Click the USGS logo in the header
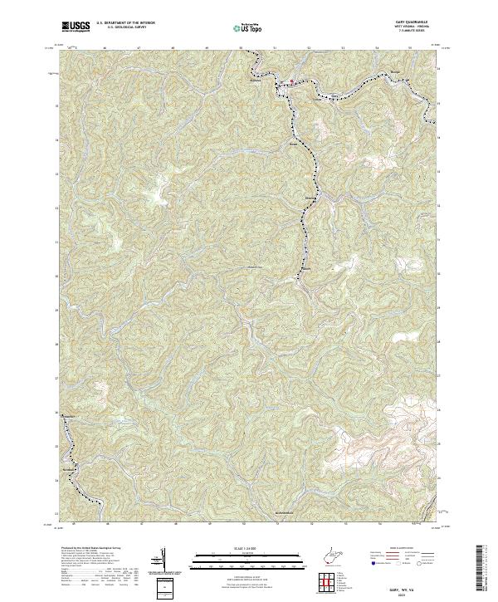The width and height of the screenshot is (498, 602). [x=75, y=27]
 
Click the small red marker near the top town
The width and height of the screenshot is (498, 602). [x=290, y=81]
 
